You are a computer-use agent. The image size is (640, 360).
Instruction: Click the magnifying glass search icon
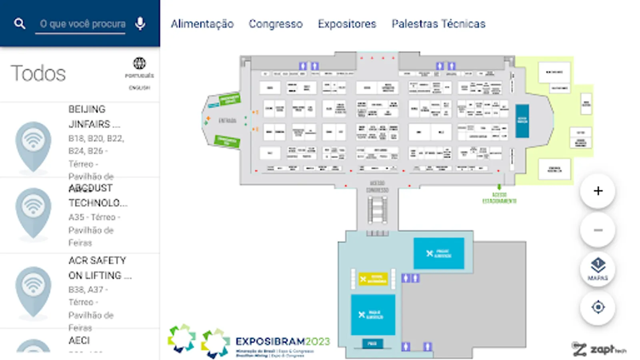coord(20,24)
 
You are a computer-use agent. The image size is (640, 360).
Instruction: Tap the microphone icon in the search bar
coord(140,24)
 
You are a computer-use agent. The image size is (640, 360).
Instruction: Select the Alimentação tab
coord(202,24)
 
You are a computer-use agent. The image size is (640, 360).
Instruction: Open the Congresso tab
coord(276,24)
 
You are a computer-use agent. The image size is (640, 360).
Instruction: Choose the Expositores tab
coord(347,24)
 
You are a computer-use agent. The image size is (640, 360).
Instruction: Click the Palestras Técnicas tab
coord(438,24)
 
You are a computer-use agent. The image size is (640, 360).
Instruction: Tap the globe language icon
coord(139,63)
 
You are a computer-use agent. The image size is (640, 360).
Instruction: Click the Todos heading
coord(38,74)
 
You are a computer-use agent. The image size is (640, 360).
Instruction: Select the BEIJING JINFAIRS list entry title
coord(94,116)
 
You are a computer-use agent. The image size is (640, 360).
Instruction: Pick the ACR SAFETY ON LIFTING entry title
coord(99,268)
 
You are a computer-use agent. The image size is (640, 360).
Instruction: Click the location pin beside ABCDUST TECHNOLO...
coord(33,212)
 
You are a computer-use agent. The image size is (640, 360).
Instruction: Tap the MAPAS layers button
coord(598,268)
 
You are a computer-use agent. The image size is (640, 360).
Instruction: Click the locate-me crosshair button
coord(598,307)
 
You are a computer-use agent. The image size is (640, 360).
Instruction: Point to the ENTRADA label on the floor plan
coord(227,120)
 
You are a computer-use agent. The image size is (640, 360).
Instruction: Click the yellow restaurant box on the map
coord(373,279)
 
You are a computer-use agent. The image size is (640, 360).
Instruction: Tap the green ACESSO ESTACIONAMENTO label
coord(499,198)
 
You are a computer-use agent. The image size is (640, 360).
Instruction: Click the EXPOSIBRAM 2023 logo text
coord(282,342)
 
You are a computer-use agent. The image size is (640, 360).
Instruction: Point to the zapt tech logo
coord(598,349)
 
